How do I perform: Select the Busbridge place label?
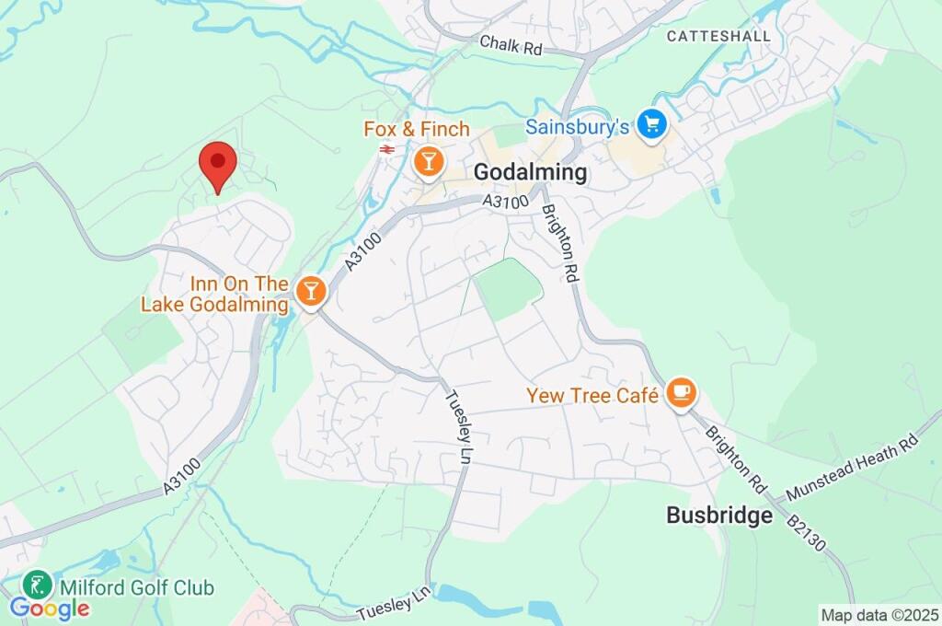pos(719,516)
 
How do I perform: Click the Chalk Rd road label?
pos(511,44)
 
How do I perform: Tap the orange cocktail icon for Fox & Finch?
pos(428,163)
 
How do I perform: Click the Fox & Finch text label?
pos(417,130)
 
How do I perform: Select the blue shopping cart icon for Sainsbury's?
pos(652,125)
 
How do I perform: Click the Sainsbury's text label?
pos(577,125)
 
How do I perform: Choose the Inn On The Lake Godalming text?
pos(214,294)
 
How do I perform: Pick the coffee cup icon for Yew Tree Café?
pos(681,394)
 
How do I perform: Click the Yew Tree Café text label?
pos(592,396)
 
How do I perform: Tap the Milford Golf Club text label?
pos(137,587)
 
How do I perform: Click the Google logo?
pos(50,609)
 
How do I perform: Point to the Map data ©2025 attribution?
pos(879,614)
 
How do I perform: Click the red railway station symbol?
pos(386,148)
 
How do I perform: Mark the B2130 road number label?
pos(807,533)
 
